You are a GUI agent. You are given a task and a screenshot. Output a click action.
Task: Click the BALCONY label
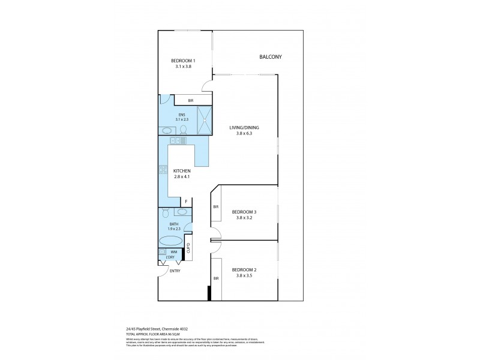tap(270, 57)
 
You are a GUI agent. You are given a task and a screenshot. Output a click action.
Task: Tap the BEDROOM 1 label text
tap(182, 61)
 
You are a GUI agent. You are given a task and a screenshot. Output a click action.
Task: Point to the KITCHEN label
tap(182, 171)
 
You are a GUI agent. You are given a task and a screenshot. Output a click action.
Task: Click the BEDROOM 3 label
tap(244, 212)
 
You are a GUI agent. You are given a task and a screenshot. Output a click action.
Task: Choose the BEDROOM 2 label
tap(244, 269)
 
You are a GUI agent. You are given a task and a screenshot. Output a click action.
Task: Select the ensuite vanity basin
tap(166, 130)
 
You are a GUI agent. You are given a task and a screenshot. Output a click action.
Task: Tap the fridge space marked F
tap(186, 202)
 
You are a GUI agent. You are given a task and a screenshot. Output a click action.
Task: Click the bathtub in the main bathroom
tap(170, 241)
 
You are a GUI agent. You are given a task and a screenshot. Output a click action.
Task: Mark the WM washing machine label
tap(173, 252)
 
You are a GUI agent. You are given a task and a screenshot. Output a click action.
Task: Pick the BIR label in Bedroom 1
tap(190, 100)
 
